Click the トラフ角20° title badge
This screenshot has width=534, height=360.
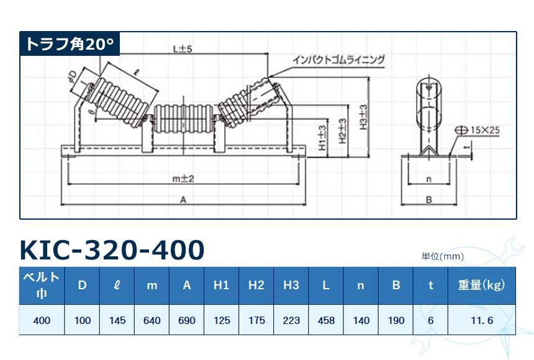click(70, 44)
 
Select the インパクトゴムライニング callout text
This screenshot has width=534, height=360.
click(339, 60)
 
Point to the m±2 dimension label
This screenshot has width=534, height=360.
click(183, 178)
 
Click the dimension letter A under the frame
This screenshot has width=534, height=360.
click(183, 200)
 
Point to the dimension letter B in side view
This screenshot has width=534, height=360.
click(428, 200)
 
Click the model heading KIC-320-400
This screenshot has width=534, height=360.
click(112, 250)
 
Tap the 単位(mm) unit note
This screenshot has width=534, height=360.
click(443, 256)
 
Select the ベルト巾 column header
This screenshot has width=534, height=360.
click(42, 286)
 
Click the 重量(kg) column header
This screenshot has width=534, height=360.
click(481, 285)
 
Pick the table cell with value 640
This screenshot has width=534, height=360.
click(152, 320)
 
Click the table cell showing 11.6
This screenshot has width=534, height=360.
click(481, 320)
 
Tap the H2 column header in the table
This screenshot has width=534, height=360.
click(256, 285)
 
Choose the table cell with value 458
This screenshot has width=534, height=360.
click(326, 320)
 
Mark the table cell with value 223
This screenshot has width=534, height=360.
click(291, 320)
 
